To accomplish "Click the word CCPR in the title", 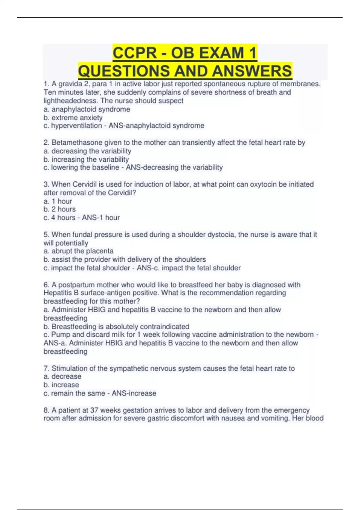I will tap(134, 53).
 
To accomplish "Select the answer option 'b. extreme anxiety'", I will tap(73, 118).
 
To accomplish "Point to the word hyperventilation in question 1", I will tap(76, 126).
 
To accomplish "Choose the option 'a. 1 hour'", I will tap(58, 201).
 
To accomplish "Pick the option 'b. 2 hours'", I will tap(59, 209).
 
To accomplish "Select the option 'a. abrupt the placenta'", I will tap(78, 251).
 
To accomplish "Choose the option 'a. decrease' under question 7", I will tap(62, 376).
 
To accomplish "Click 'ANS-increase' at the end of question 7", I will tap(134, 393).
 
